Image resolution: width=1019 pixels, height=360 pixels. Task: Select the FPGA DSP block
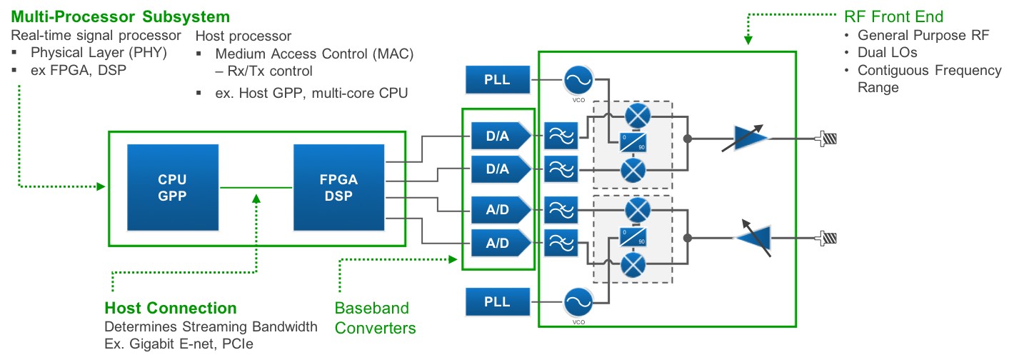click(338, 187)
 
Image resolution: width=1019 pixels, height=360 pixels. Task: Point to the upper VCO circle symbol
click(578, 80)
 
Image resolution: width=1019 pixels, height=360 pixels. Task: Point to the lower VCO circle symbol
click(578, 301)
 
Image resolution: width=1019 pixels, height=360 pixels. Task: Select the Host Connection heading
click(170, 309)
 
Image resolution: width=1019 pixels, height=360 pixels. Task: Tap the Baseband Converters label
click(375, 318)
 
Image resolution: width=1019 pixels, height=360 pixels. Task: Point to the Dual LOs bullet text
click(888, 53)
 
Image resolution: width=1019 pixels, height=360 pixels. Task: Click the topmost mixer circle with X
click(633, 115)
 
